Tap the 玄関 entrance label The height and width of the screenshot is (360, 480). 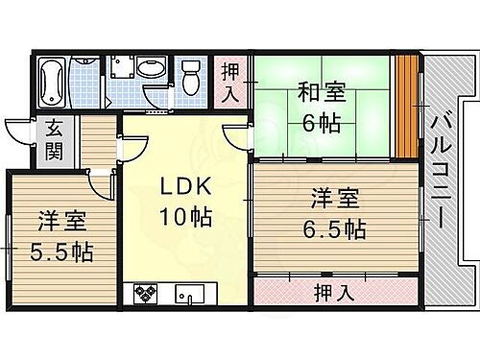pyautogui.click(x=53, y=139)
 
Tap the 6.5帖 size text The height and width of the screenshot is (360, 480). pyautogui.click(x=333, y=229)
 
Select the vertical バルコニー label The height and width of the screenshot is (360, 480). pyautogui.click(x=443, y=174)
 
